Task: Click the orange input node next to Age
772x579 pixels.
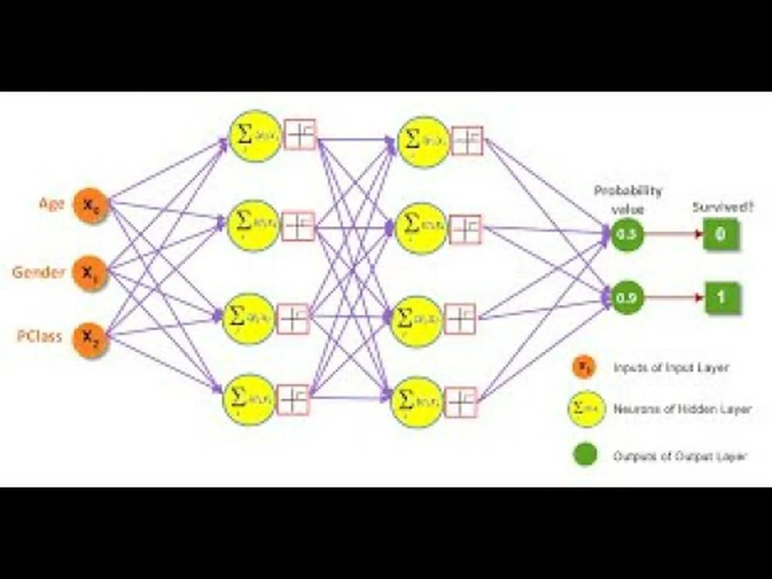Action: [x=90, y=206]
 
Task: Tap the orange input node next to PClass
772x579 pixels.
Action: [x=90, y=339]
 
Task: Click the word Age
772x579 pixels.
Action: [x=51, y=204]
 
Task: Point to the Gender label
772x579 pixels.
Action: [x=39, y=273]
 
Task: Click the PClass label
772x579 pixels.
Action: [x=40, y=337]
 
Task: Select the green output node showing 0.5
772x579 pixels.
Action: [x=627, y=234]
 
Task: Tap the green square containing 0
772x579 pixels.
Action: [x=721, y=234]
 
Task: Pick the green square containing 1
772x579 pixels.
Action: [x=722, y=297]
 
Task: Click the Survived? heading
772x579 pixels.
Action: [x=723, y=207]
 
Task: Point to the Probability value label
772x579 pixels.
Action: [x=628, y=200]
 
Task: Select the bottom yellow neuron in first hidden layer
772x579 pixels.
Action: [x=248, y=399]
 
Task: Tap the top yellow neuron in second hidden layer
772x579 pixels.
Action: [x=424, y=142]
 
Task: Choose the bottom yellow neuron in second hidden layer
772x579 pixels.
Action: [x=417, y=401]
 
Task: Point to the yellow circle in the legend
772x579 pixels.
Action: [x=586, y=408]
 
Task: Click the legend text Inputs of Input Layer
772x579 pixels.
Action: [x=671, y=367]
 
